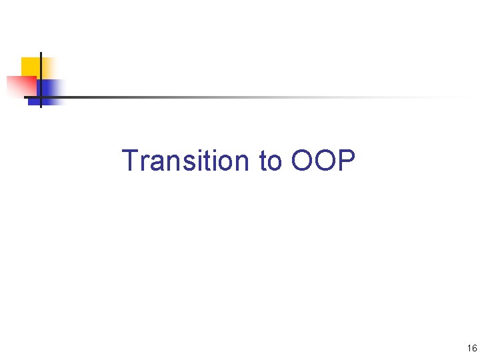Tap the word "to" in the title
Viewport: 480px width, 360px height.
pos(270,161)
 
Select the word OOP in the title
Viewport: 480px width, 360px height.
pos(323,161)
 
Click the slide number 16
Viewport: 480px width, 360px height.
pos(472,348)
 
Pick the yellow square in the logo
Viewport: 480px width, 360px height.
pos(31,66)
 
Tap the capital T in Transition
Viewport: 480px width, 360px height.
pos(130,161)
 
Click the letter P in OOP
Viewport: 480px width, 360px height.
pos(346,161)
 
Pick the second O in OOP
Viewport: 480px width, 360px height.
pos(324,161)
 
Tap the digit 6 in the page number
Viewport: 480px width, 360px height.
pos(474,348)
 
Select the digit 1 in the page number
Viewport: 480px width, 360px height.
pos(469,348)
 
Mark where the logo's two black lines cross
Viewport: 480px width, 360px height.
pos(41,97)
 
